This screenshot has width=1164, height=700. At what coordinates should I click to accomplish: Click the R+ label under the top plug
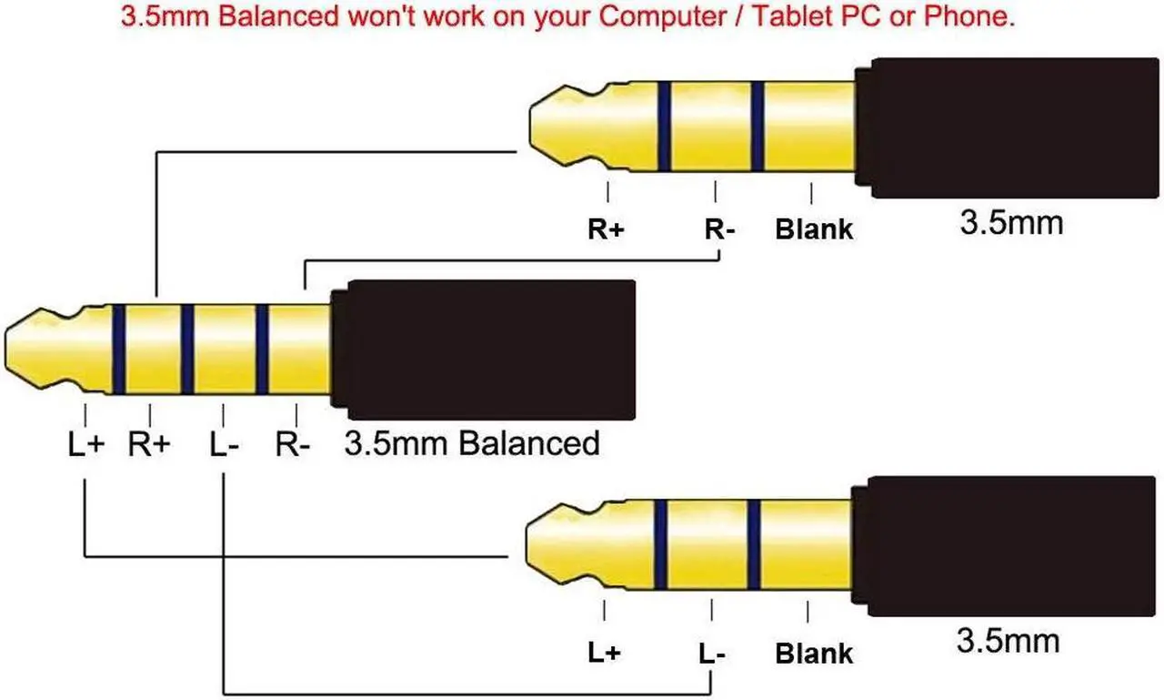pos(606,228)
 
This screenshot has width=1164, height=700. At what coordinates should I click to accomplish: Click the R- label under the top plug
pos(719,228)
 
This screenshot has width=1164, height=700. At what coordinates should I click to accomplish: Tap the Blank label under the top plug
pos(814,228)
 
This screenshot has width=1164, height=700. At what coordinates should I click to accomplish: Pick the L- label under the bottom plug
pos(713,653)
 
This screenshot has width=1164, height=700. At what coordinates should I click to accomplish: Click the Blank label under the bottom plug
pos(814,653)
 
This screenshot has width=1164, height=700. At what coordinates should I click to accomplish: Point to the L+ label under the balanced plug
pos(86,445)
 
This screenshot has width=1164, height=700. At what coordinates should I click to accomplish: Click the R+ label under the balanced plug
pos(150,445)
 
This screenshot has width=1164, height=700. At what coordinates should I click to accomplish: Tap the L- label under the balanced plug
pos(224,445)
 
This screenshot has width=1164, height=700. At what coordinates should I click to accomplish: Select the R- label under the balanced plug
pos(294,445)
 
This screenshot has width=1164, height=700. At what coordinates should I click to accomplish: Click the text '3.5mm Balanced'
pos(472,443)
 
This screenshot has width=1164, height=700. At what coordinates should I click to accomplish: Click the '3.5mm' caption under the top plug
pos(1011,222)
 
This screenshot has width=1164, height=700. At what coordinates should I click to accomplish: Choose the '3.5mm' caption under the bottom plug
pos(1008,640)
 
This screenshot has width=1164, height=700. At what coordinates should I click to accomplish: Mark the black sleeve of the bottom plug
pos(1005,543)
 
